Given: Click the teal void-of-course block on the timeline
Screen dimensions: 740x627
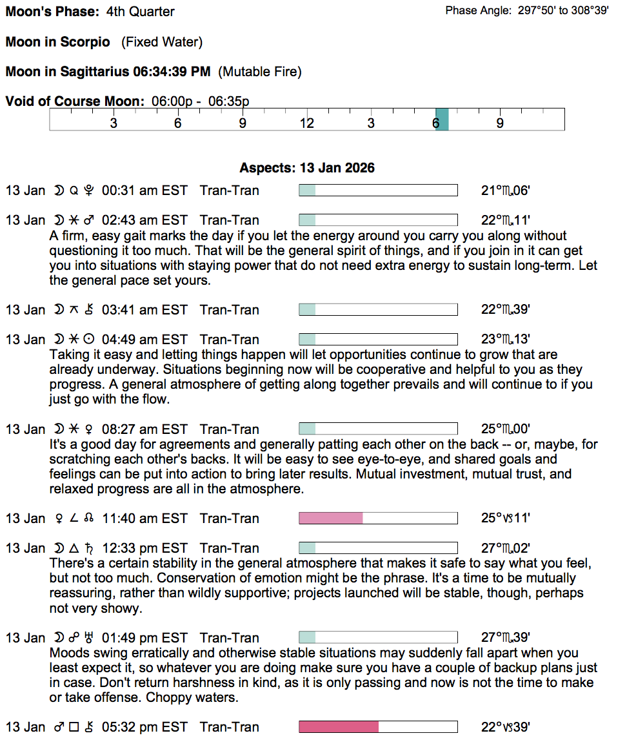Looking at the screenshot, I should click(x=442, y=119).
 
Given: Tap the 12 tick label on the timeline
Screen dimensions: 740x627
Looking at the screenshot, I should click(x=306, y=123).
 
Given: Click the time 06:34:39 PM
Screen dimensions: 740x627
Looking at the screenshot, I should click(x=172, y=72).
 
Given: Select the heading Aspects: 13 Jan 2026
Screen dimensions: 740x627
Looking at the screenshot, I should click(x=307, y=168).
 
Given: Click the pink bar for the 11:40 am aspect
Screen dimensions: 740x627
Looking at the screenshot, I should click(x=331, y=519).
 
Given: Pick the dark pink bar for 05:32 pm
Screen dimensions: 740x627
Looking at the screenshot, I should click(x=339, y=727).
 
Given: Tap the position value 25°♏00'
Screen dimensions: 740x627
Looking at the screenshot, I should click(x=506, y=429).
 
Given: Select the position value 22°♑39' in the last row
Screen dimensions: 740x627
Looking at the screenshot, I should click(x=506, y=727).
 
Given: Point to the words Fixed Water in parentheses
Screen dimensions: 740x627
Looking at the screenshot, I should click(x=162, y=42).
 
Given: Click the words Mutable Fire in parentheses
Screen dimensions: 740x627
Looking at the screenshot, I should click(x=260, y=72).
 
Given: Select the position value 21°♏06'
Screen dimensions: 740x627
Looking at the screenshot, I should click(x=506, y=190).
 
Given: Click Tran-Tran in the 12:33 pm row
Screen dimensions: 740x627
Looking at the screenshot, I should click(x=230, y=548).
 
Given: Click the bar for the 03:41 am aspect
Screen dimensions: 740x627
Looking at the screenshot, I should click(x=378, y=310).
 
